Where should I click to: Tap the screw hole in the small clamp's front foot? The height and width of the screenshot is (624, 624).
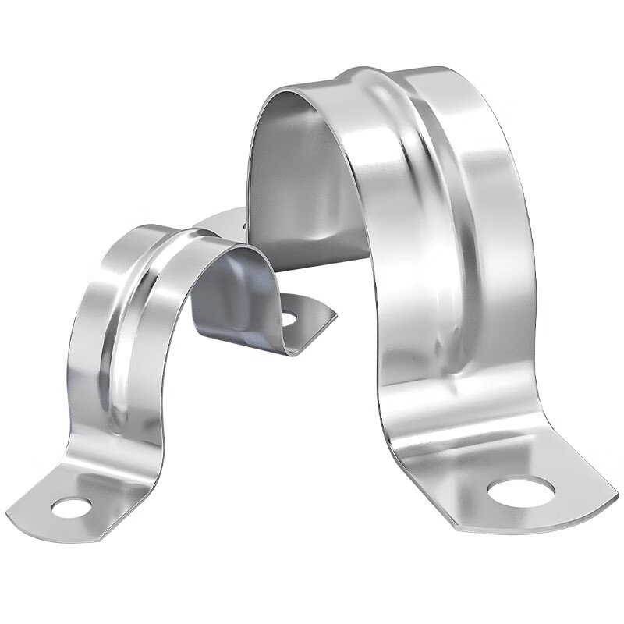[71, 507]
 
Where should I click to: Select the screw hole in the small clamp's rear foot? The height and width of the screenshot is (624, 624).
[289, 317]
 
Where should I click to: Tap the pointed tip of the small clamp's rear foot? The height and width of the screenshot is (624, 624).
[334, 317]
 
